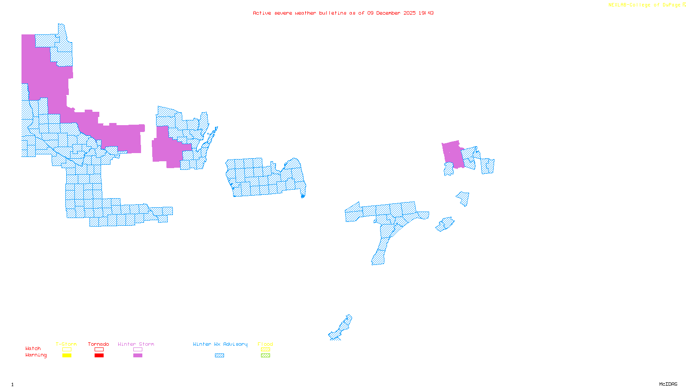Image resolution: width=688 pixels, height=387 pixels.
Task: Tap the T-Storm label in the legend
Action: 66,344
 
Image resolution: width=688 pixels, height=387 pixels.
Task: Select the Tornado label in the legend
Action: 98,344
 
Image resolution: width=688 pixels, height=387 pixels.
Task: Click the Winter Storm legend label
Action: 136,344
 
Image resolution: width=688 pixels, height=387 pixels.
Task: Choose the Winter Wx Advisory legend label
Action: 220,344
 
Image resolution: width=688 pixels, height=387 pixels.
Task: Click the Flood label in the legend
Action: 265,344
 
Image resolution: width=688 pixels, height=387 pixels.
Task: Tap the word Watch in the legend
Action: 33,348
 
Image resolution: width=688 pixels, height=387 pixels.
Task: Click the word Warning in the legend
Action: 36,355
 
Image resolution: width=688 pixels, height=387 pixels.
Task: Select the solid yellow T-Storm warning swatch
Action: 67,356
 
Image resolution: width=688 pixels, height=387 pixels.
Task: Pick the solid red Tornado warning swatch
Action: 99,356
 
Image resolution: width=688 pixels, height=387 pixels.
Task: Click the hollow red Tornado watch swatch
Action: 99,350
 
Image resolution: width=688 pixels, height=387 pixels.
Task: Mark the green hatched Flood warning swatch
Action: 265,356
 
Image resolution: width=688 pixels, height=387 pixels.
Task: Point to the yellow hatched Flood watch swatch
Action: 265,350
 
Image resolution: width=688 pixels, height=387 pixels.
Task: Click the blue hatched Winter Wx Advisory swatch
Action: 219,356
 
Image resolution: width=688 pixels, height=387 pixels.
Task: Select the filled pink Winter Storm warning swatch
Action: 138,356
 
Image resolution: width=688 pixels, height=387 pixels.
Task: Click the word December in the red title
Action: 389,13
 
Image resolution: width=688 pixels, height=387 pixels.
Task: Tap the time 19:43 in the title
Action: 426,13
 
